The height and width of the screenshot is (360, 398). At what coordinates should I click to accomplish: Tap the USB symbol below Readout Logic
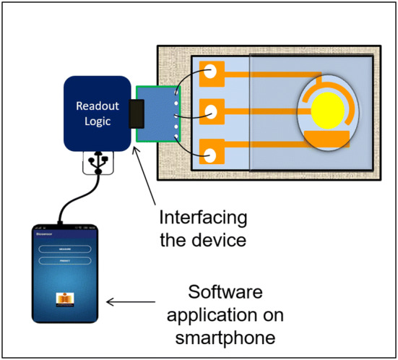tap(97, 163)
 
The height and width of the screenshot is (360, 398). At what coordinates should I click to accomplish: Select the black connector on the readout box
tap(135, 114)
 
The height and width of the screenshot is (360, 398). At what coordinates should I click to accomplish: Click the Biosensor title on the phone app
tap(45, 235)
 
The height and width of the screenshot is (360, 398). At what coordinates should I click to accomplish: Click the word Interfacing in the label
tap(202, 217)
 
